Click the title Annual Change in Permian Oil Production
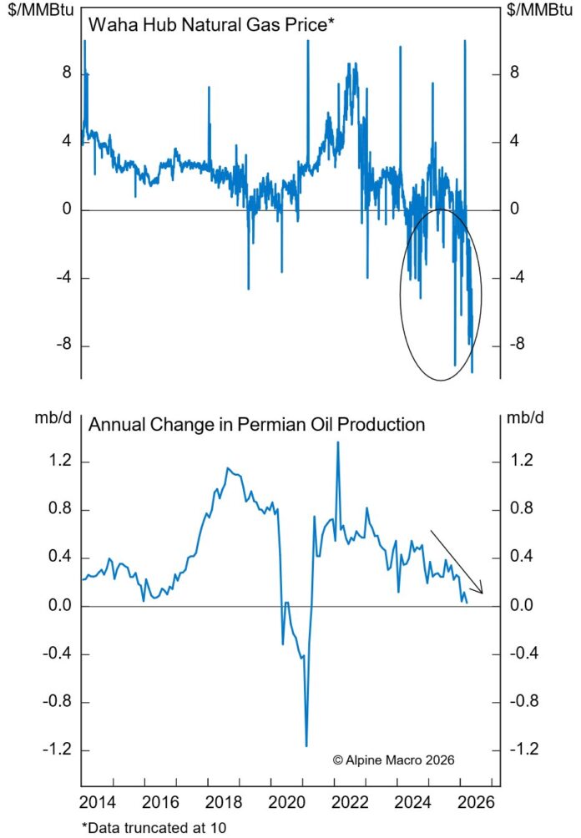(x=256, y=424)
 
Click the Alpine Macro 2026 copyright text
(x=393, y=760)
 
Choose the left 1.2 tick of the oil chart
(x=57, y=462)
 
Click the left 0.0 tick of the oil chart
(x=57, y=606)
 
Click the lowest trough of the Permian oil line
(x=306, y=745)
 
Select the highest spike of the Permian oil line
(x=337, y=442)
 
